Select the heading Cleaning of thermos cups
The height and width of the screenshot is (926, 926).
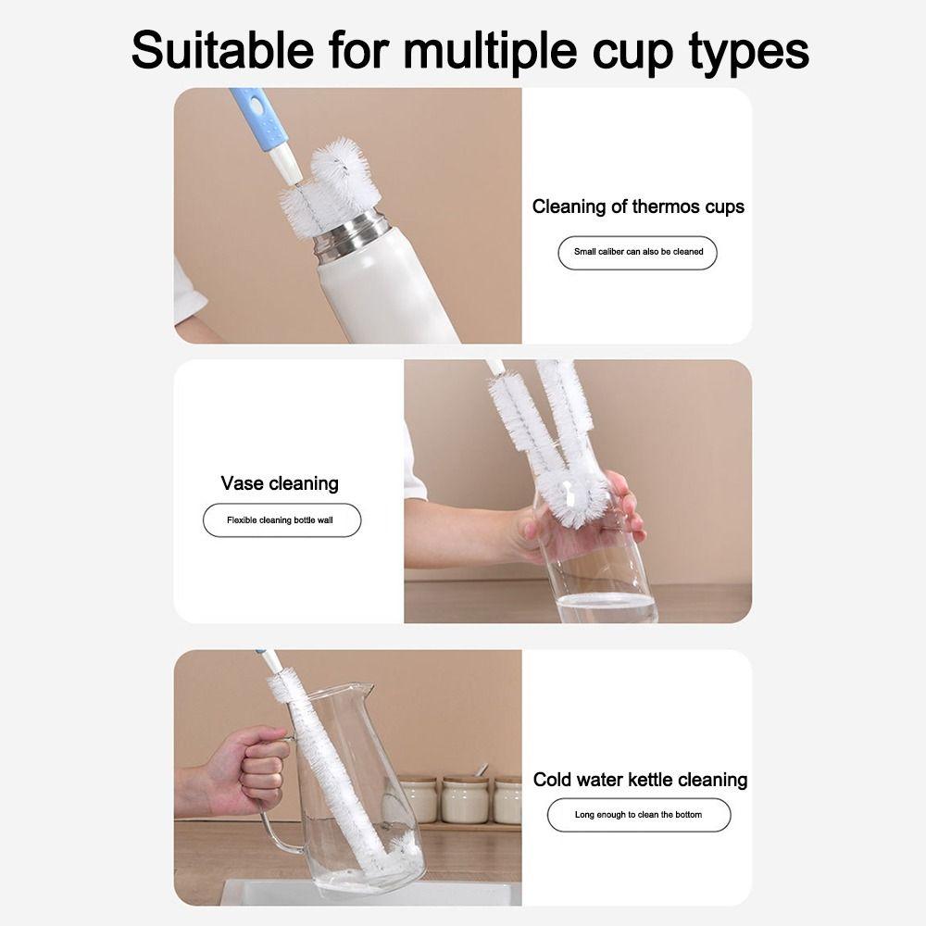[x=638, y=206]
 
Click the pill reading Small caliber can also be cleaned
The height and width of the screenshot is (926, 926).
[x=638, y=252]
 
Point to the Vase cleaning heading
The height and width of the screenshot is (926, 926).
[x=280, y=483]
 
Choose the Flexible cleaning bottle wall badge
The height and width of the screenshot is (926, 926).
[x=281, y=520]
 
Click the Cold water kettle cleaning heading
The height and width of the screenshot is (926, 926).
[x=640, y=780]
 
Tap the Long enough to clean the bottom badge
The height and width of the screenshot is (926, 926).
[x=638, y=815]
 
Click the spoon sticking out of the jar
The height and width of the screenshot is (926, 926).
[x=479, y=770]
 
